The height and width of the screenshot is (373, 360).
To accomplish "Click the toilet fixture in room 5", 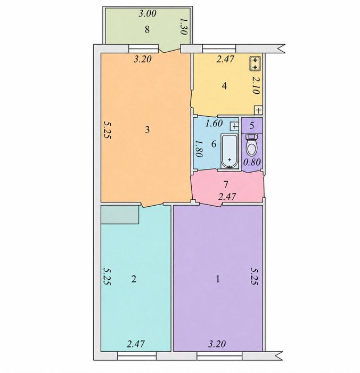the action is pyautogui.click(x=251, y=144).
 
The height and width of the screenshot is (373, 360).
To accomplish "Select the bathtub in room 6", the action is pyautogui.click(x=229, y=151).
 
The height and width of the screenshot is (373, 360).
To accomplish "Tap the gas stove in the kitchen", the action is pyautogui.click(x=255, y=64).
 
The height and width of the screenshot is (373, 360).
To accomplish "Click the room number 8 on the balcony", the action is pyautogui.click(x=147, y=30).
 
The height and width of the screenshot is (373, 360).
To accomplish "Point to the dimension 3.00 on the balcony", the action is pyautogui.click(x=148, y=14).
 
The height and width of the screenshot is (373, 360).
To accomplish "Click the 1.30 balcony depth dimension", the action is pyautogui.click(x=183, y=27).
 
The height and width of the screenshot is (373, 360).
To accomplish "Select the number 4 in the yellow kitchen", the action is pyautogui.click(x=224, y=86).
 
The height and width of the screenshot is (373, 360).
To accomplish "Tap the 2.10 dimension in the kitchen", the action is pyautogui.click(x=256, y=85).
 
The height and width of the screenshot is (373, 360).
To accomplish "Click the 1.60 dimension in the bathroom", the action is pyautogui.click(x=214, y=124).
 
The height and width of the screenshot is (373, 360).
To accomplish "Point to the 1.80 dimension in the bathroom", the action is pyautogui.click(x=198, y=149).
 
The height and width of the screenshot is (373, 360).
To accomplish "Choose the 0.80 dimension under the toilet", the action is pyautogui.click(x=252, y=162).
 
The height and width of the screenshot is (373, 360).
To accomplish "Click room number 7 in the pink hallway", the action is pyautogui.click(x=226, y=184).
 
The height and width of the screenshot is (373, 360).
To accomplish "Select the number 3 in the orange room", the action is pyautogui.click(x=148, y=129).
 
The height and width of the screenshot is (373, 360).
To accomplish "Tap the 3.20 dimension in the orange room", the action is pyautogui.click(x=143, y=59).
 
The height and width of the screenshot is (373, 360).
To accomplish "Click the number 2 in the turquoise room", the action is pyautogui.click(x=134, y=279).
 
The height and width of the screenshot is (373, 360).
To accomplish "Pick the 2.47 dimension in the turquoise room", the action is pyautogui.click(x=136, y=344).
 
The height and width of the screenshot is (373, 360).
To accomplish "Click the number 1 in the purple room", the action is pyautogui.click(x=218, y=279).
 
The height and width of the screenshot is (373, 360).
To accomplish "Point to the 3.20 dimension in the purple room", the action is pyautogui.click(x=217, y=344).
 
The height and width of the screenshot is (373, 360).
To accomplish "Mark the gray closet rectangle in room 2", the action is pyautogui.click(x=120, y=215).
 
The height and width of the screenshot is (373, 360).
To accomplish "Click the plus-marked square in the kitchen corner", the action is pyautogui.click(x=259, y=110).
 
